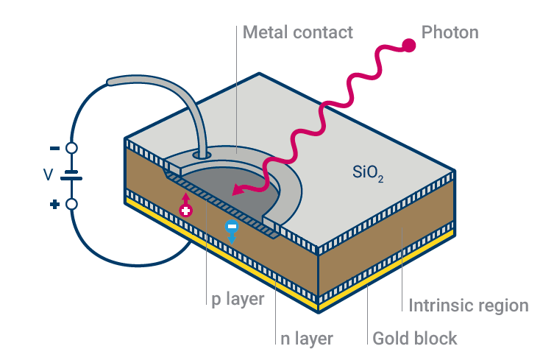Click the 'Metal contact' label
coord(297,32)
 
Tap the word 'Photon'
coord(450,32)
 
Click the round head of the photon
coord(408,46)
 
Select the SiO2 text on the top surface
coord(369,175)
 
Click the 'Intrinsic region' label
coord(468,305)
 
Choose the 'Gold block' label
coord(415,339)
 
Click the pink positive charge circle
coord(186,211)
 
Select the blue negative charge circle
coord(231,226)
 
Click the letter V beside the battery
coord(48,175)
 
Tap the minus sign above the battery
coord(54,148)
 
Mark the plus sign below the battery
coord(54,204)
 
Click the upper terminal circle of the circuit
coord(71,148)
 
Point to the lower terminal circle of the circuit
coord(71,204)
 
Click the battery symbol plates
coord(71,176)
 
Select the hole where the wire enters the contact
coord(200,156)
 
